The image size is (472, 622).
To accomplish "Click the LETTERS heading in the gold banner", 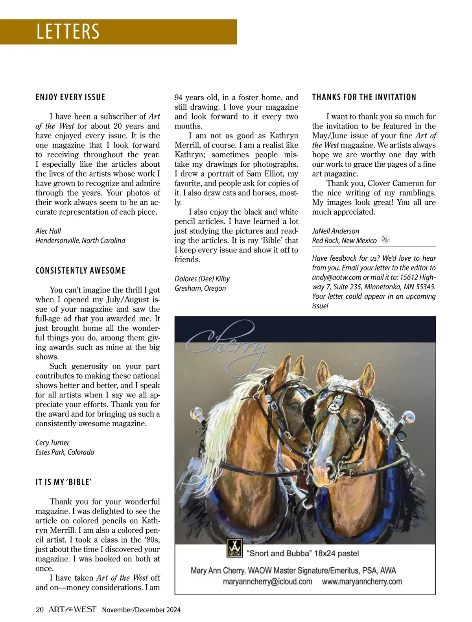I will coord(68,31).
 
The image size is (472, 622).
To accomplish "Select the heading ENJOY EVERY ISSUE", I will coord(70,97).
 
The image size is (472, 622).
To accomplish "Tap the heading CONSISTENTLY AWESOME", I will coord(81,271).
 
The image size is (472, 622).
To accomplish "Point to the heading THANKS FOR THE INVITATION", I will coord(364,97).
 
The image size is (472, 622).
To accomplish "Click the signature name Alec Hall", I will coord(48,231).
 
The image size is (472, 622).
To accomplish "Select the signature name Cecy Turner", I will coord(52,442).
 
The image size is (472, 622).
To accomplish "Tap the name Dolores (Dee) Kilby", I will coord(202,279).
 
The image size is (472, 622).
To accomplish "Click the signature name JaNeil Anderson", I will coord(336,231).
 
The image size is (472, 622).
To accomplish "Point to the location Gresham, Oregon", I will coord(200,288).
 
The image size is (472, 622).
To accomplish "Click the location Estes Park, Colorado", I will coord(65,452).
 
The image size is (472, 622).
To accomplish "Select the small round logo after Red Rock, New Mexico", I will coord(385,240).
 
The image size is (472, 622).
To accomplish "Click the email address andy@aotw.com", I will coord(331,277).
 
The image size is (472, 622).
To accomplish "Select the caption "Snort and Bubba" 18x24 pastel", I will coord(302,553).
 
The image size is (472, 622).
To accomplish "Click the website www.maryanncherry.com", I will coord(362,582).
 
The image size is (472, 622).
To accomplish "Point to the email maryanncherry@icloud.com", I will coord(267,582).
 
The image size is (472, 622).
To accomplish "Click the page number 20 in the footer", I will coord(39,610).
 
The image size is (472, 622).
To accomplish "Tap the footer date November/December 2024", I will coord(141,610).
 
